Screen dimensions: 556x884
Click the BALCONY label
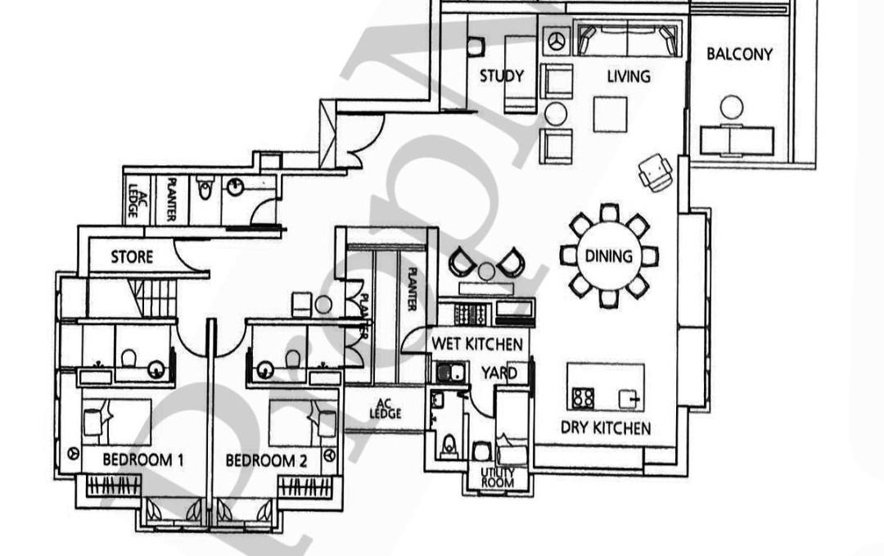(739, 54)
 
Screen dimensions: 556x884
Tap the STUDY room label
(501, 76)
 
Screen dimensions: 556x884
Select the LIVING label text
(629, 76)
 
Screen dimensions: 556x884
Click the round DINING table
(609, 255)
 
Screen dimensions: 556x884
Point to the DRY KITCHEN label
(606, 427)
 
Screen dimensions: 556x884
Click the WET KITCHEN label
(477, 344)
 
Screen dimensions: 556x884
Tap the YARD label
(498, 373)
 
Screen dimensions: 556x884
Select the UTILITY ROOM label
(498, 477)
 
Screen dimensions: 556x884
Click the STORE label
(132, 257)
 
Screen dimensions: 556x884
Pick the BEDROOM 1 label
(142, 460)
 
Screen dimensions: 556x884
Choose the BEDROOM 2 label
(266, 460)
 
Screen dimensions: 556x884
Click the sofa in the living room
(628, 38)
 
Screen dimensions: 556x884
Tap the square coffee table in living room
(610, 114)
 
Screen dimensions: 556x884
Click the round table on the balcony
(732, 106)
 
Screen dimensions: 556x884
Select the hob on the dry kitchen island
(584, 399)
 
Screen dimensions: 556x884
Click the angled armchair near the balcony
(656, 172)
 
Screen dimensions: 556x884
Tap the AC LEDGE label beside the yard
(385, 409)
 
